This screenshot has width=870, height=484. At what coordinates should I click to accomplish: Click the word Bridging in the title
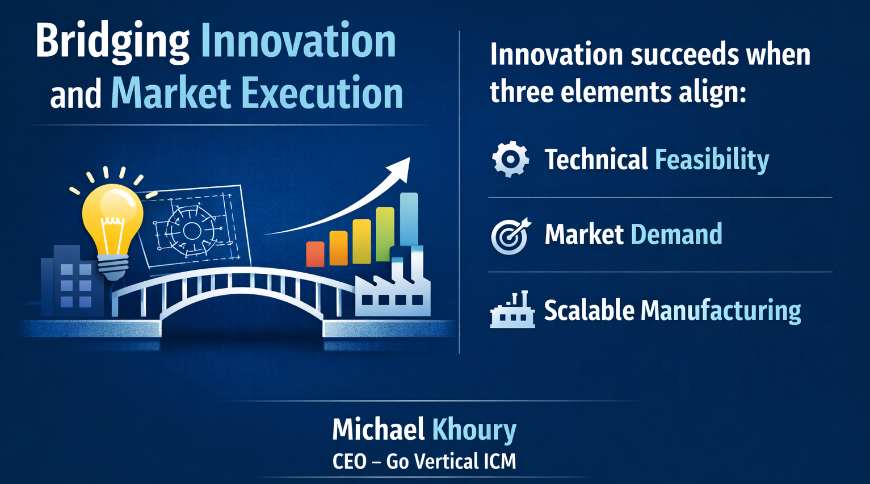pos(112,43)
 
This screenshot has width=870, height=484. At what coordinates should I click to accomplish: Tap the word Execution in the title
pos(322,93)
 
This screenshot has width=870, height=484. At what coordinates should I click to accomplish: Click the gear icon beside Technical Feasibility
pos(510,159)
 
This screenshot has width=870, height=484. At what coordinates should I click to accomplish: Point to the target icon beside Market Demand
pos(510,236)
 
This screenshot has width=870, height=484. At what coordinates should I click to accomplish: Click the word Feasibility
pos(712,160)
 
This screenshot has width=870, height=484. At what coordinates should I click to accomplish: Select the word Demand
pos(676,233)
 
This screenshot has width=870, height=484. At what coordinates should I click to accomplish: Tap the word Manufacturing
pos(721,311)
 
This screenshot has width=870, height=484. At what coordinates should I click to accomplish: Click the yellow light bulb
pos(112,226)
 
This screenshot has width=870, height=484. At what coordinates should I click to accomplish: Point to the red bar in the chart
pos(315,254)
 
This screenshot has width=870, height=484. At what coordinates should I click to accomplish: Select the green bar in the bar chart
pos(385,233)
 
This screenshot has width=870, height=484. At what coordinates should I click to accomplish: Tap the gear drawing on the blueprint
pos(191,231)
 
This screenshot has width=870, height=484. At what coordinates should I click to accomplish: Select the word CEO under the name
pos(349,461)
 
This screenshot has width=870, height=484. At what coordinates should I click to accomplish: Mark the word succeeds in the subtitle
pos(685,55)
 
